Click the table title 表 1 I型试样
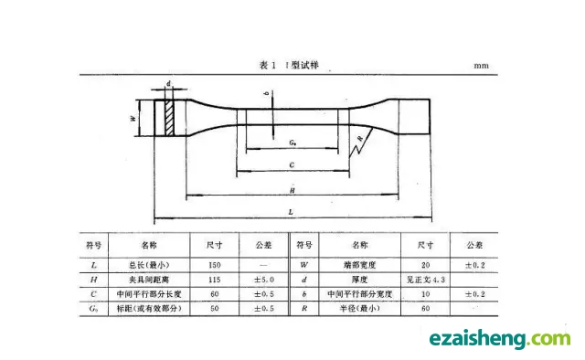(x=292, y=66)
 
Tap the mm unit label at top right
(x=482, y=67)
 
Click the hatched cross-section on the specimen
(x=169, y=119)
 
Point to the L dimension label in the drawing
(x=290, y=211)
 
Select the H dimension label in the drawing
(x=291, y=189)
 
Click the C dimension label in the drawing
(x=290, y=165)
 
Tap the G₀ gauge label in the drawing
(x=291, y=143)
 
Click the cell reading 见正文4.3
(x=424, y=279)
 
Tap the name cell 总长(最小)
(x=148, y=263)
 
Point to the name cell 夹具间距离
(x=148, y=279)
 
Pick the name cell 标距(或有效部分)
(x=148, y=310)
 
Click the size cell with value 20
(x=424, y=263)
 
